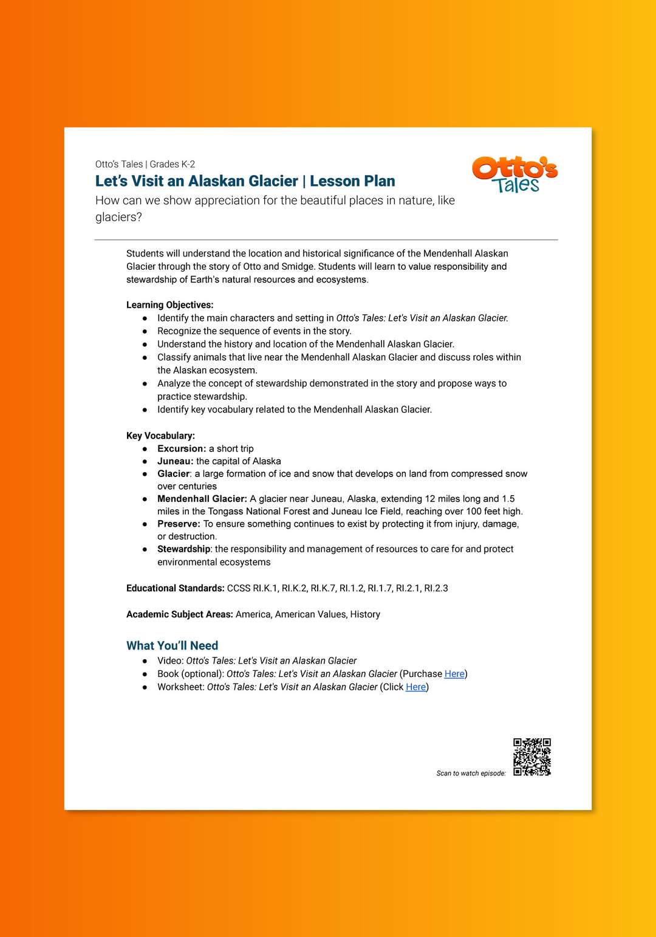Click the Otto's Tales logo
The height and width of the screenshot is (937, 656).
[x=514, y=174]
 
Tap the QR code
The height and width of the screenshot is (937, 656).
[x=532, y=757]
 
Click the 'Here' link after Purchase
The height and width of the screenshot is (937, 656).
[x=454, y=674]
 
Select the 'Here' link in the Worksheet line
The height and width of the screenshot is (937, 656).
[x=415, y=687]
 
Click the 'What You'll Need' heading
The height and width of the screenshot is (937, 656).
[x=172, y=646]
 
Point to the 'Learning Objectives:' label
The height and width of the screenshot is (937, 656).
[x=169, y=305]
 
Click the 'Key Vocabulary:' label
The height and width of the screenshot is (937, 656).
[x=160, y=436]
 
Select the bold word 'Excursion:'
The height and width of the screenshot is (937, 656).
[x=182, y=449]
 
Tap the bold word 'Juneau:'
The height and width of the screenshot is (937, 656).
[x=175, y=461]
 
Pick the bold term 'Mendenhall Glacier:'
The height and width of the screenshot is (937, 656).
[x=202, y=499]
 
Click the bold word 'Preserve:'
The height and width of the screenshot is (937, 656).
[x=179, y=524]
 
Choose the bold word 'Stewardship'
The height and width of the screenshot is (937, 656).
[x=183, y=549]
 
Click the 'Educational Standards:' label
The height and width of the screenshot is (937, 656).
[x=175, y=588]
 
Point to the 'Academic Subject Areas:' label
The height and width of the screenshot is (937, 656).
[x=179, y=614]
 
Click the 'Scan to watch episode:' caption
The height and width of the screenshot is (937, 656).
[x=471, y=774]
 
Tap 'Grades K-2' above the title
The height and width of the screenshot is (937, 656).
[x=172, y=164]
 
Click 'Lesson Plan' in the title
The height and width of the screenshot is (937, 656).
[x=352, y=181]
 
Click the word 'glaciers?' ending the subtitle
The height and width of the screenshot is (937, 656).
[x=118, y=217]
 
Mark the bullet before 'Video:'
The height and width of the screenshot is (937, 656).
[x=145, y=661]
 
